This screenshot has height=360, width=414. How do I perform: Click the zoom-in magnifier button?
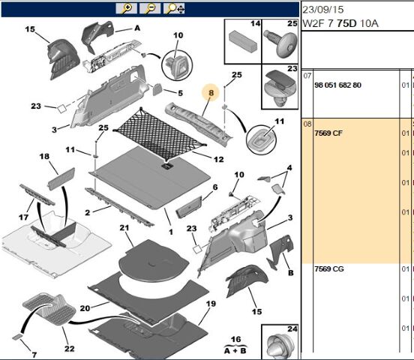[x=127, y=8]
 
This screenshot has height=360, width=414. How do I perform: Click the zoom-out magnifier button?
[x=150, y=8]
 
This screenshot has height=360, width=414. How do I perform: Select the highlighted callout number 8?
[x=211, y=93]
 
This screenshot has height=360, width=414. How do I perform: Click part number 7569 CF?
[x=328, y=133]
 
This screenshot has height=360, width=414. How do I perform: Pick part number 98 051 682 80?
[x=337, y=85]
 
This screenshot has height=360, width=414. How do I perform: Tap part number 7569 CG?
[x=329, y=269]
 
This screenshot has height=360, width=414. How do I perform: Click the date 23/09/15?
[x=323, y=10]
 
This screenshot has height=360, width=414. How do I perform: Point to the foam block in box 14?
[x=243, y=41]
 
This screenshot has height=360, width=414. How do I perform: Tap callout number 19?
[x=211, y=304]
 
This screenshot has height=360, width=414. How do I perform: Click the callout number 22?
[x=70, y=349]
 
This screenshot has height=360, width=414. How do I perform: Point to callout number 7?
[x=34, y=355]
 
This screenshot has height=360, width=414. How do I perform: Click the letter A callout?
[x=137, y=28]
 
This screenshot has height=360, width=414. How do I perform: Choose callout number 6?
[x=215, y=187]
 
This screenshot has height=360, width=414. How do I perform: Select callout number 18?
[x=44, y=156]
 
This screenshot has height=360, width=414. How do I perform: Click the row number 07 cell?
[x=307, y=76]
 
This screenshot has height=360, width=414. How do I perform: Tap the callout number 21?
[x=124, y=228]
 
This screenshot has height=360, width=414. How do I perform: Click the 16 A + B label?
[x=235, y=345]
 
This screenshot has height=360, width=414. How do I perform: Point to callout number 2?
[x=88, y=212]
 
